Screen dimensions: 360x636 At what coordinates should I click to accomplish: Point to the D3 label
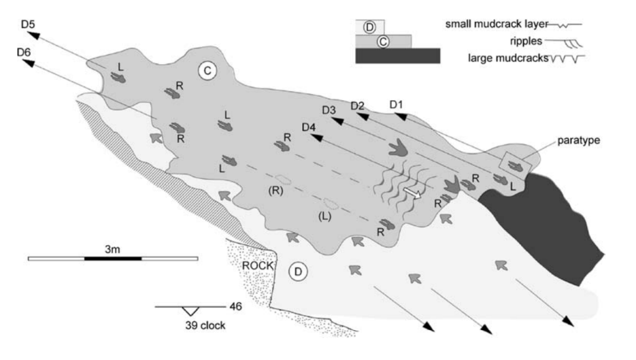point(330,111)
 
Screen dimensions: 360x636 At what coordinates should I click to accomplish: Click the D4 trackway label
point(309,127)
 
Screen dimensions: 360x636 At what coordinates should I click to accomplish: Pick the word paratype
point(578,141)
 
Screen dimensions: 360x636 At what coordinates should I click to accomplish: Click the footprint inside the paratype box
point(515,165)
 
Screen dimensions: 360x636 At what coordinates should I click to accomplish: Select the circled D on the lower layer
point(298,271)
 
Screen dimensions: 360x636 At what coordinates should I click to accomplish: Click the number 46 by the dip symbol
point(235,306)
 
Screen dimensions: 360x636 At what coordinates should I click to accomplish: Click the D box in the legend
point(370,27)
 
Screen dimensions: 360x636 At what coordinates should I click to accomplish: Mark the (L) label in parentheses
point(324,216)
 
